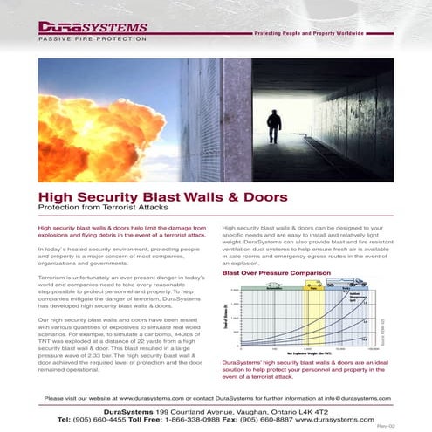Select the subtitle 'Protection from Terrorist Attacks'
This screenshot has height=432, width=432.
click(x=99, y=209)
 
